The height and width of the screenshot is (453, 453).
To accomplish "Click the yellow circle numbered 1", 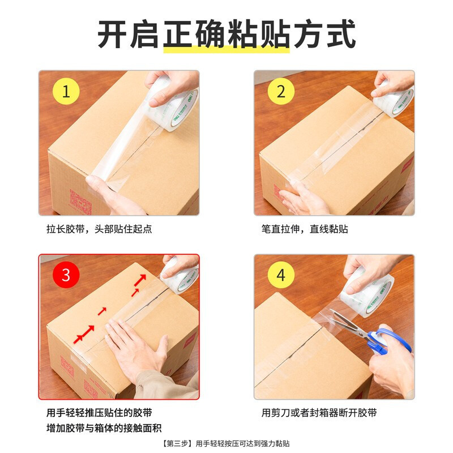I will click(66, 92).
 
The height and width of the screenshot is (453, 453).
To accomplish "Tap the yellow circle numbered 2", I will click(281, 92).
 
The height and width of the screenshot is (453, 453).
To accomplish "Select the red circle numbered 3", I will click(66, 275).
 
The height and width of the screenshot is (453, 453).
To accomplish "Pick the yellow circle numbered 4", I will click(281, 275).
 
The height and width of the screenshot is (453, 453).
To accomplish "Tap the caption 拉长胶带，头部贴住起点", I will click(99, 229).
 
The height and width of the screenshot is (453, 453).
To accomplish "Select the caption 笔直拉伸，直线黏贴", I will click(305, 229).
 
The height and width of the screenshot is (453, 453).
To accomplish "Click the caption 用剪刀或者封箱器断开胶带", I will click(319, 413).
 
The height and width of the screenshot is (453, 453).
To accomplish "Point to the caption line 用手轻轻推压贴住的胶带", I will click(99, 413).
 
